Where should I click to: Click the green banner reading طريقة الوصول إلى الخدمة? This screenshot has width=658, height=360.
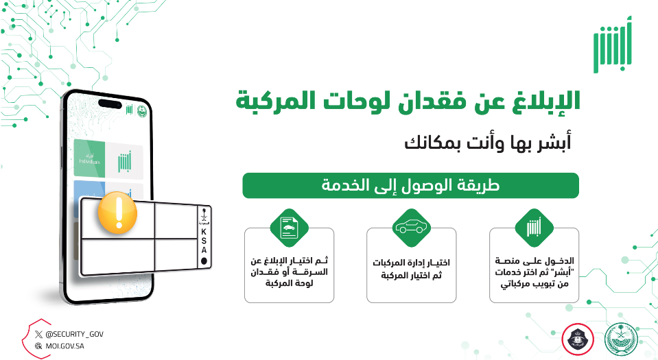coord(410,186)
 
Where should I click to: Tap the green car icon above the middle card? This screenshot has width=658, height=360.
coord(411,226)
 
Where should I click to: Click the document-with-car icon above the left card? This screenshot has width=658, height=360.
coord(289,226)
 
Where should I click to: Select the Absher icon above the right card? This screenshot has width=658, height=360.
coord(533,226)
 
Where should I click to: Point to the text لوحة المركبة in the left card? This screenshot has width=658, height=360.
coord(289,282)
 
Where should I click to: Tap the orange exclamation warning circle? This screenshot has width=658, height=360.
coord(117,214)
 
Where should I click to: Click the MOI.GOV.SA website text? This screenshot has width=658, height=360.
coord(66,346)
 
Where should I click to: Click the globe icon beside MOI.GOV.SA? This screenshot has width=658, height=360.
coord(38,346)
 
